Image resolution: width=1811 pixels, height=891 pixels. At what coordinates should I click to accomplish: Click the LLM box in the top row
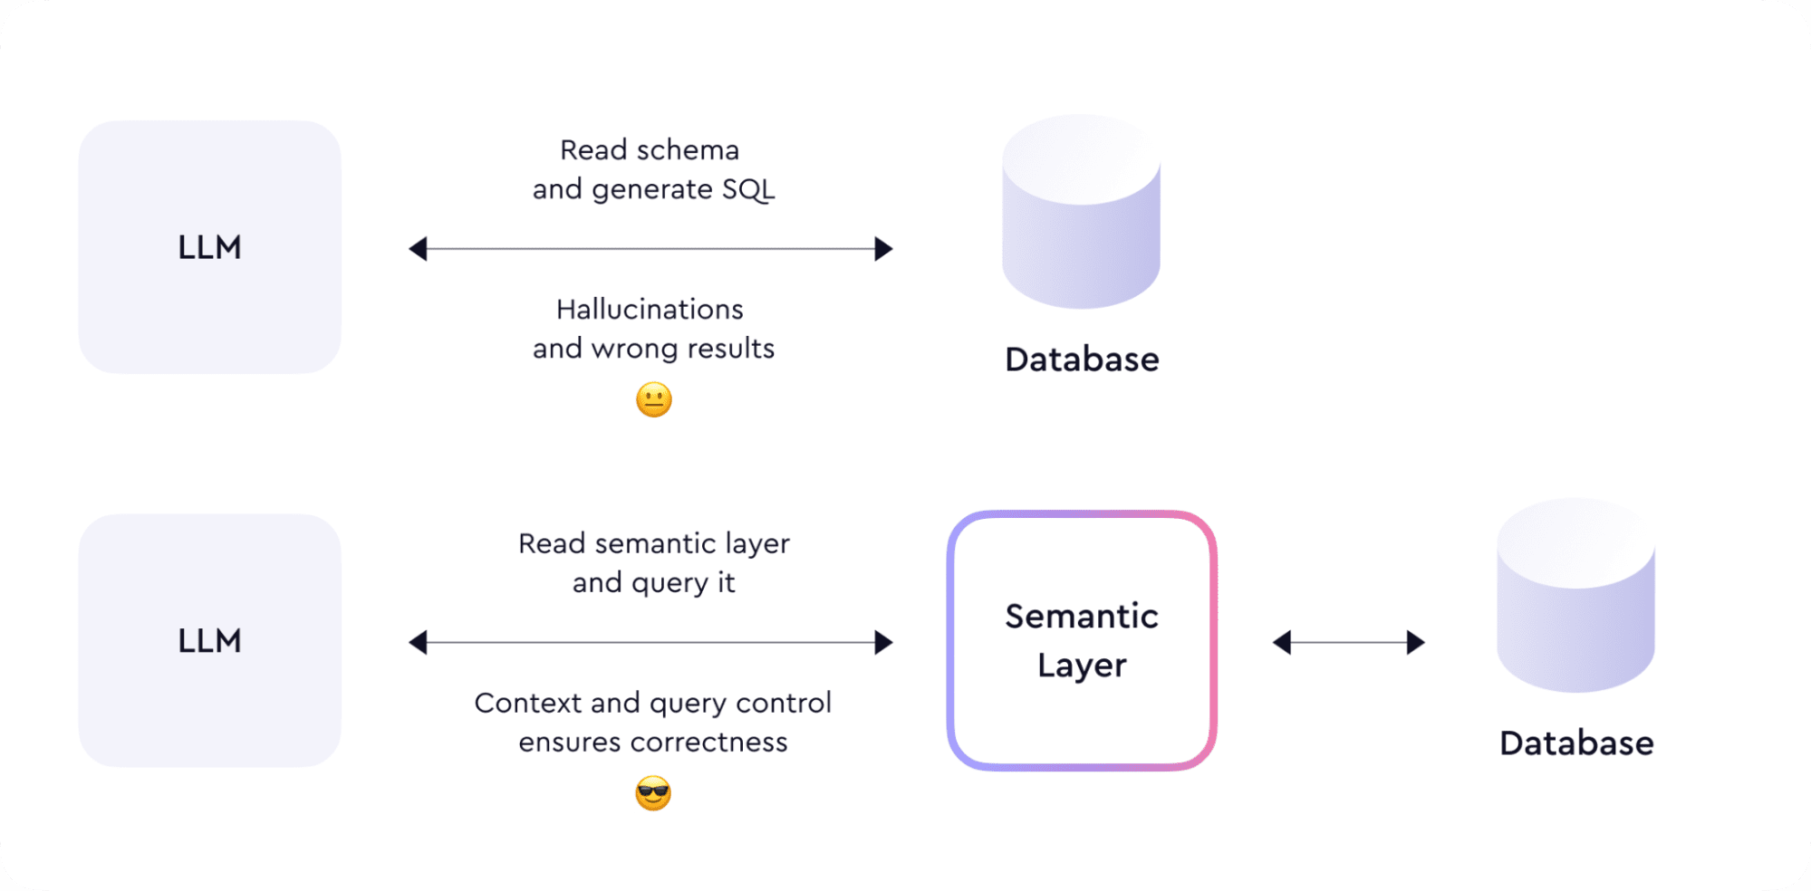209,247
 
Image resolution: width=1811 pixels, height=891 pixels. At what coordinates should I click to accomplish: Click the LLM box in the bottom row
209,641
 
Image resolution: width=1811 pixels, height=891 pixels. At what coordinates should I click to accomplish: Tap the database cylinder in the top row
1081,213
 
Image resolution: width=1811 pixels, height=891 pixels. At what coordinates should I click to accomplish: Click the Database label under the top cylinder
1082,359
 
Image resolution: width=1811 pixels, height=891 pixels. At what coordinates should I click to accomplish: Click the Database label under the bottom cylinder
1576,743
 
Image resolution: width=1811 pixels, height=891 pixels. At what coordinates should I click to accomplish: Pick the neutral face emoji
654,399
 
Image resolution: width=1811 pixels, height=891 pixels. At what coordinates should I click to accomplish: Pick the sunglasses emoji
653,793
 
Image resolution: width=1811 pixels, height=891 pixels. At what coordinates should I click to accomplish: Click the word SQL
748,190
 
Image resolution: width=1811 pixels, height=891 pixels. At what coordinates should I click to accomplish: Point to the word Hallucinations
650,310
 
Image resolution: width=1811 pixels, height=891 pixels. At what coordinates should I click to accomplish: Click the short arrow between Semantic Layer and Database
1349,643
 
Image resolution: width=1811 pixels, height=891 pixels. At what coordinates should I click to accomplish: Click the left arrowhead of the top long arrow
418,249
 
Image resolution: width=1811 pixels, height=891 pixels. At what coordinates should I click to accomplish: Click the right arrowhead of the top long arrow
883,249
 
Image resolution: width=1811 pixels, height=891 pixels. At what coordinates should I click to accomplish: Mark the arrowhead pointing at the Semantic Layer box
883,643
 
